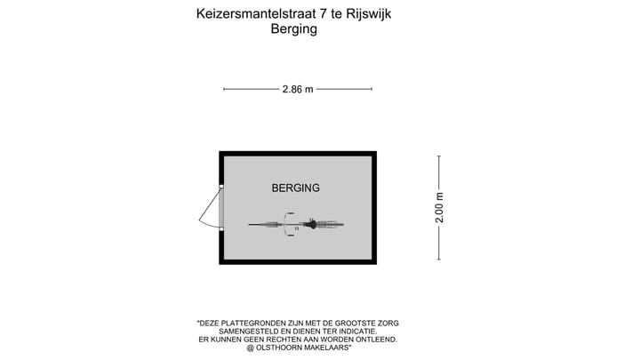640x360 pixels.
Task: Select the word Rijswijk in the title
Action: tap(368, 13)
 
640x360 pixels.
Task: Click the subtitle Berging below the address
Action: tap(292, 28)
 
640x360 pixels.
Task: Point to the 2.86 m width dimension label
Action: tap(298, 89)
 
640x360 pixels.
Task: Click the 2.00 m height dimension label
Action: tap(439, 208)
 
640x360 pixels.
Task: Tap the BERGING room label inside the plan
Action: tap(295, 188)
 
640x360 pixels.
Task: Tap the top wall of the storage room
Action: tap(298, 153)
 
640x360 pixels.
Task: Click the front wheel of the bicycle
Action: tap(263, 225)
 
